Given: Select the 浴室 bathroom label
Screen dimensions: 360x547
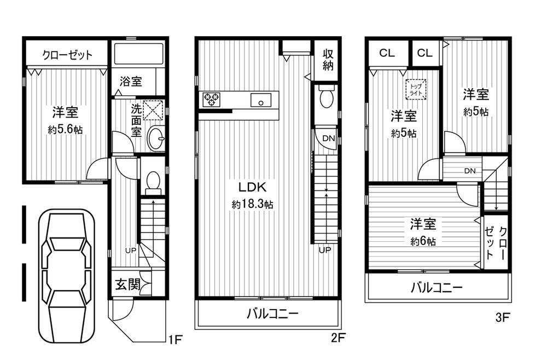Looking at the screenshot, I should [131, 82].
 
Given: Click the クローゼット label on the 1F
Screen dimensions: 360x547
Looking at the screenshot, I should [67, 55].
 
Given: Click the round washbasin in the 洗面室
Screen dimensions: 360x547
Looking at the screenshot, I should [155, 140].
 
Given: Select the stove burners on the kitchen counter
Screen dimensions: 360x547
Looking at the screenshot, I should [211, 100].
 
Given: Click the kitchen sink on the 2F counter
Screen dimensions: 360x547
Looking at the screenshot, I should [261, 100].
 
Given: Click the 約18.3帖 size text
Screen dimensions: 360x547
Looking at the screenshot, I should [253, 204].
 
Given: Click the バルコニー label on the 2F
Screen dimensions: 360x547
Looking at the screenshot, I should [272, 314].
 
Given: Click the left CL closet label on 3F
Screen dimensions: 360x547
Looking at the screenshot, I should [387, 53].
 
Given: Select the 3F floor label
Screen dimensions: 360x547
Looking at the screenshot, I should [502, 316].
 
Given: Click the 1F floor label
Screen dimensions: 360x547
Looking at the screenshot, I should [174, 340].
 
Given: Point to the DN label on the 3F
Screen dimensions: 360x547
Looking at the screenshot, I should [469, 171].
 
